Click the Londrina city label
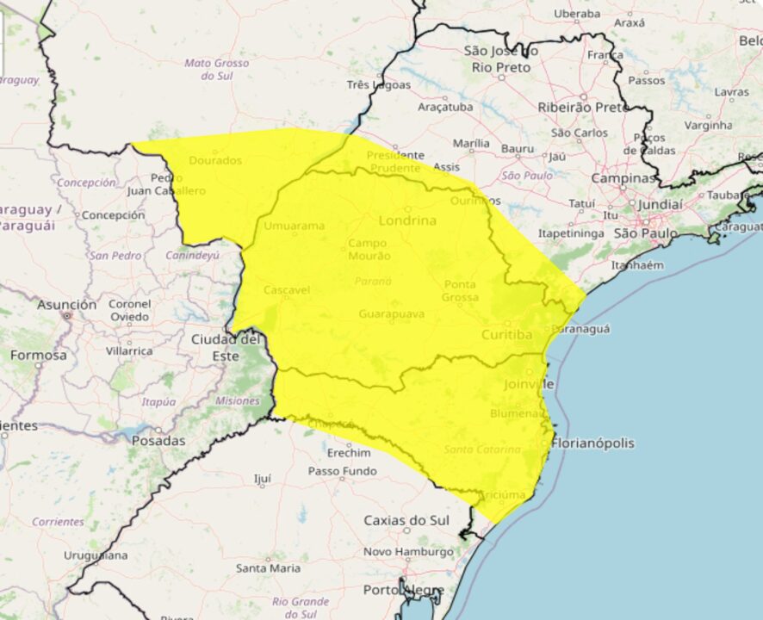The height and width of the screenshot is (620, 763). tap(407, 220)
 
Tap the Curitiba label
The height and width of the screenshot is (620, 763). tap(506, 334)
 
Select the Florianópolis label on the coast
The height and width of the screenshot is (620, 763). tap(592, 443)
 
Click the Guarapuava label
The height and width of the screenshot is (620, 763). tap(392, 313)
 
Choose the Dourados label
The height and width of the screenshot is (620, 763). tap(215, 160)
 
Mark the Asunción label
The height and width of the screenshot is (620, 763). tap(66, 305)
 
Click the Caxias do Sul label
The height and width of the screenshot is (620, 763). tap(406, 520)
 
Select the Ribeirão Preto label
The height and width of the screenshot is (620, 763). tap(582, 108)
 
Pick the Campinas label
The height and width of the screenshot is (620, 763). tap(623, 178)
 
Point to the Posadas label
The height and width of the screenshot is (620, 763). tap(158, 440)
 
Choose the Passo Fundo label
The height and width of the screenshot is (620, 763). tap(343, 471)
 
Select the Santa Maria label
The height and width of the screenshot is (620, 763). tap(269, 568)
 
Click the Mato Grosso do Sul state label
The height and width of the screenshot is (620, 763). tap(217, 70)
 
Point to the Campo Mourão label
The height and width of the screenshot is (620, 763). tap(369, 250)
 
